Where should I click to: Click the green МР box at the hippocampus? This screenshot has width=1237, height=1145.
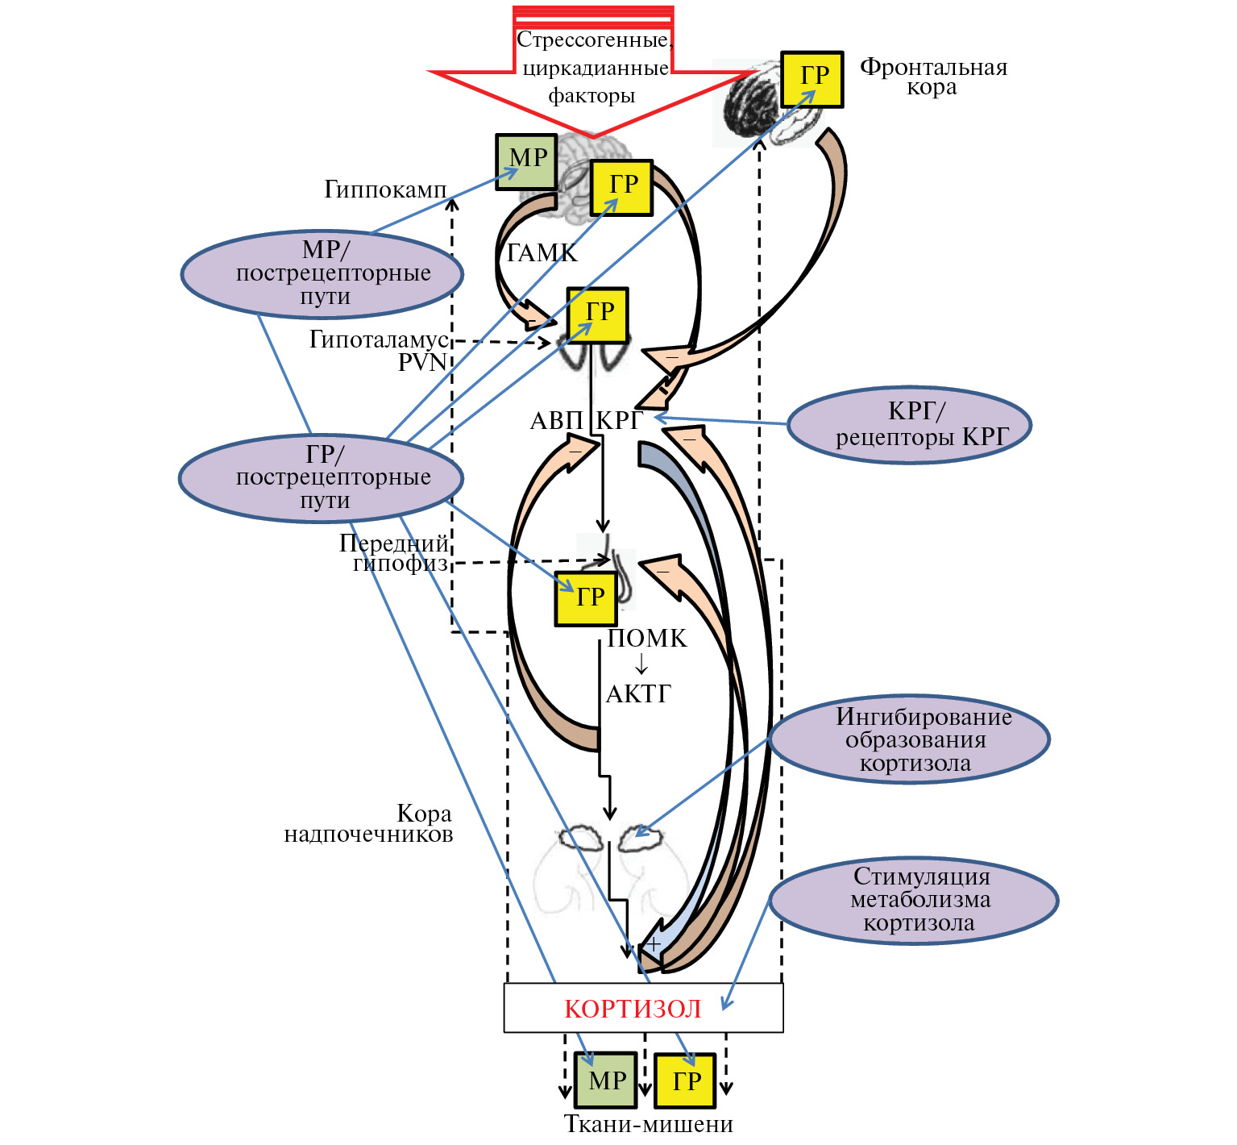pyautogui.click(x=526, y=162)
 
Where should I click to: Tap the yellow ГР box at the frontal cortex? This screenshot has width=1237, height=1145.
pyautogui.click(x=812, y=79)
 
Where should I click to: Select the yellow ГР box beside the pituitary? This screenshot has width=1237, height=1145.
pyautogui.click(x=587, y=598)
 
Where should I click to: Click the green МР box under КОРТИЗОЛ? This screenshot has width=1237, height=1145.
pyautogui.click(x=606, y=1080)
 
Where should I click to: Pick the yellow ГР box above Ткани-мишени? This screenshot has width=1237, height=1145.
pyautogui.click(x=685, y=1080)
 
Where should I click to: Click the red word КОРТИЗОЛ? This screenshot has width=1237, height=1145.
pyautogui.click(x=633, y=1009)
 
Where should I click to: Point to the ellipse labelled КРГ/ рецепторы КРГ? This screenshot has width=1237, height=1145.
pyautogui.click(x=910, y=425)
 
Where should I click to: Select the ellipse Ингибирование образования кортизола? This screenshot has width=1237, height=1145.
pyautogui.click(x=910, y=739)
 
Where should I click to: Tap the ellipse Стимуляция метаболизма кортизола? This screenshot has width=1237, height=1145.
pyautogui.click(x=914, y=900)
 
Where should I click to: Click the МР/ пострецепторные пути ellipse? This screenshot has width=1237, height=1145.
pyautogui.click(x=322, y=274)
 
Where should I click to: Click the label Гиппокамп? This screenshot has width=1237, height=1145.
pyautogui.click(x=385, y=189)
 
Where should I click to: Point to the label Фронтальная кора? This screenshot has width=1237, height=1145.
pyautogui.click(x=933, y=77)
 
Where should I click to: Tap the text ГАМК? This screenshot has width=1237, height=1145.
pyautogui.click(x=542, y=253)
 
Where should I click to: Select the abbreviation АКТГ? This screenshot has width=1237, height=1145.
pyautogui.click(x=638, y=693)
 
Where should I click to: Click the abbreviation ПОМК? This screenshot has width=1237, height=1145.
pyautogui.click(x=647, y=639)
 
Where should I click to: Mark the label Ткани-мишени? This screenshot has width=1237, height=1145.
pyautogui.click(x=649, y=1124)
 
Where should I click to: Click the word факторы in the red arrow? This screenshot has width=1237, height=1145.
pyautogui.click(x=592, y=96)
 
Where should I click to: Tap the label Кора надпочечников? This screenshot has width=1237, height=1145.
pyautogui.click(x=369, y=823)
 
